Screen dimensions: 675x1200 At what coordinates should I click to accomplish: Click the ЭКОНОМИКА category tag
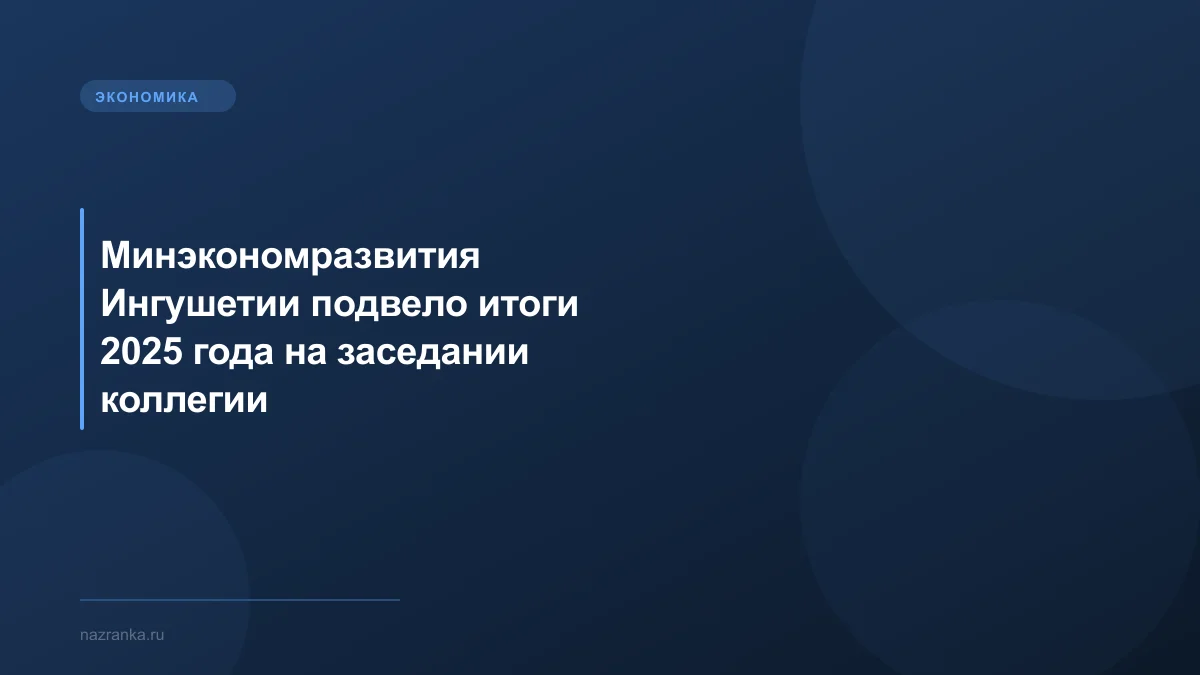pos(157,97)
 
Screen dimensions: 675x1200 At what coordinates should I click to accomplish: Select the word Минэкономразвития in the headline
pos(291,257)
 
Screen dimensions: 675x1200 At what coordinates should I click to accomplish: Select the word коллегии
pos(184,401)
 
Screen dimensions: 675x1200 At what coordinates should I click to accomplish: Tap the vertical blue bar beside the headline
pos(82,319)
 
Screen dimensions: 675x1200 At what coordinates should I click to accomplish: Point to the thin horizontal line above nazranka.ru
pos(240,600)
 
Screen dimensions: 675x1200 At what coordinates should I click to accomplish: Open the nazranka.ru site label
pos(122,635)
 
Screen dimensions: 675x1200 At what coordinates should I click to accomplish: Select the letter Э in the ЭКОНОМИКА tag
pos(100,97)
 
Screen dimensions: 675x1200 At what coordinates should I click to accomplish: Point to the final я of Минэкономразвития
pos(471,257)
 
